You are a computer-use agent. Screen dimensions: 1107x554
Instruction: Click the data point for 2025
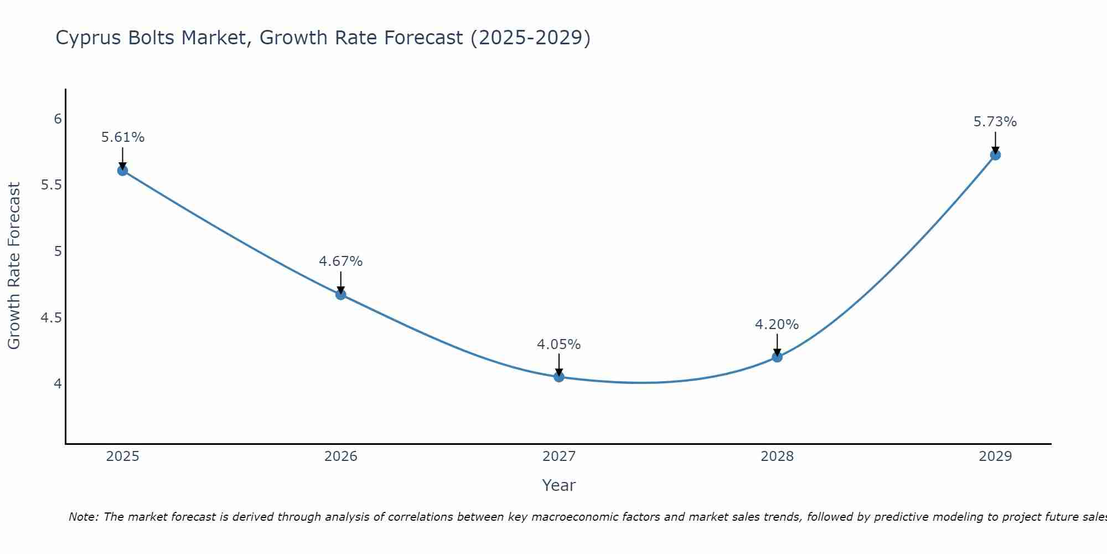122,170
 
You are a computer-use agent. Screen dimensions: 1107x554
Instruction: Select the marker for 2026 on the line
340,295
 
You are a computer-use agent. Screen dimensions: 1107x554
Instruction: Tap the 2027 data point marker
558,377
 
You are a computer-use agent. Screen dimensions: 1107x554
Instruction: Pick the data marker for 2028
777,357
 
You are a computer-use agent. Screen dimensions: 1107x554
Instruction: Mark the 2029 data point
995,155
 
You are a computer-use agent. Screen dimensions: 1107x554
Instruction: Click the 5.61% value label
123,137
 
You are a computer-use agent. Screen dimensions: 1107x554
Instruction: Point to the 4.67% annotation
341,261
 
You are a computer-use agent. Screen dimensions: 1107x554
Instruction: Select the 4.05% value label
559,345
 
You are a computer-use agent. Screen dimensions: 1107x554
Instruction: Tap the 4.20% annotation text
777,325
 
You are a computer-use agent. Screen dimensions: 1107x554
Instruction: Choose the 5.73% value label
995,122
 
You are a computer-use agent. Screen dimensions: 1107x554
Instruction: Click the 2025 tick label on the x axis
123,456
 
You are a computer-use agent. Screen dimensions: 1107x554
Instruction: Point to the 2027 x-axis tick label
559,456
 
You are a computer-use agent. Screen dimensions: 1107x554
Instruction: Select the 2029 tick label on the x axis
995,456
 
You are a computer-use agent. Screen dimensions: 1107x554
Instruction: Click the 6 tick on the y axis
58,119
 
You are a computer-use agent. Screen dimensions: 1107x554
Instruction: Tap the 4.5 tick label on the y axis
51,318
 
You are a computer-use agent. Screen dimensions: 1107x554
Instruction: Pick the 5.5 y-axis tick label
51,185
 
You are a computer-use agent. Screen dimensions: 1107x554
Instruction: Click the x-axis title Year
559,485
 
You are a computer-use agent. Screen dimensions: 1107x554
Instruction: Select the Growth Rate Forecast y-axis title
14,266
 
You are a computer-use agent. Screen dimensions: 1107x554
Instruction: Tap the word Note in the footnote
83,517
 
